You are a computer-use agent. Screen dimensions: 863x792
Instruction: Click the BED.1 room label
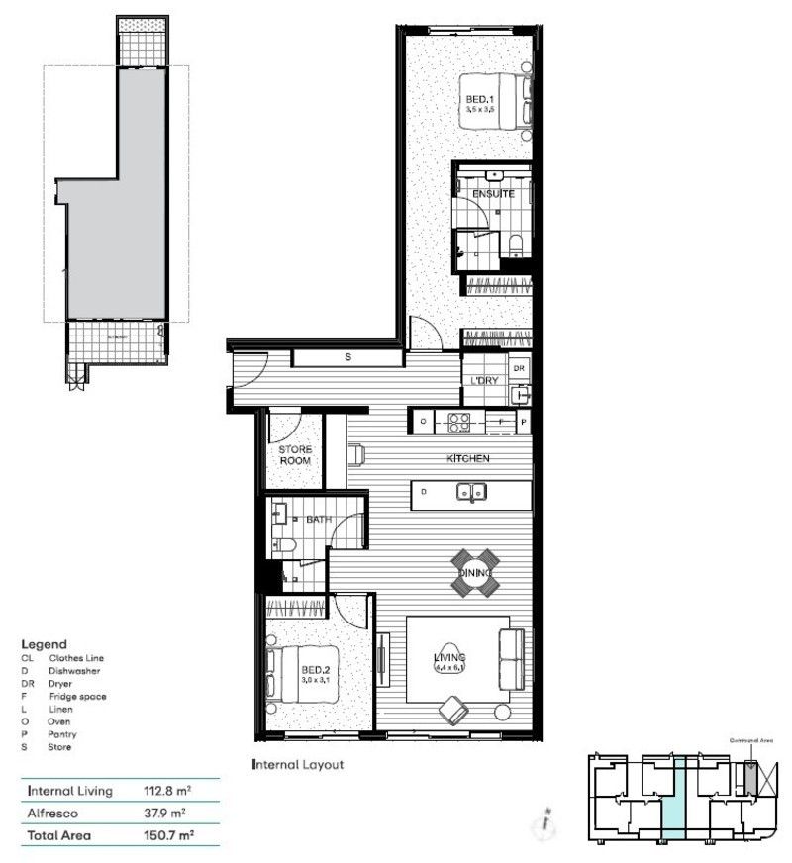481,100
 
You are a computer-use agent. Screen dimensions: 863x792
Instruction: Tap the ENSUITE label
492,194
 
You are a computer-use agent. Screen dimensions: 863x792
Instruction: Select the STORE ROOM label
295,455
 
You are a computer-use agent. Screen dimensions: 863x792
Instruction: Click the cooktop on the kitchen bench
460,422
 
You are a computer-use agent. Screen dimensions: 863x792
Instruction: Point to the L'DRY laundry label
484,381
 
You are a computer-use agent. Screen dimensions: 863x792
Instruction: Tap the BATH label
319,518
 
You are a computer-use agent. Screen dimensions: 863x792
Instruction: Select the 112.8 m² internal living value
168,791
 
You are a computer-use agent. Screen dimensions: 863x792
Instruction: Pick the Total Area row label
59,836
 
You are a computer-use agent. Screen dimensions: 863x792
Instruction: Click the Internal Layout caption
297,765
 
